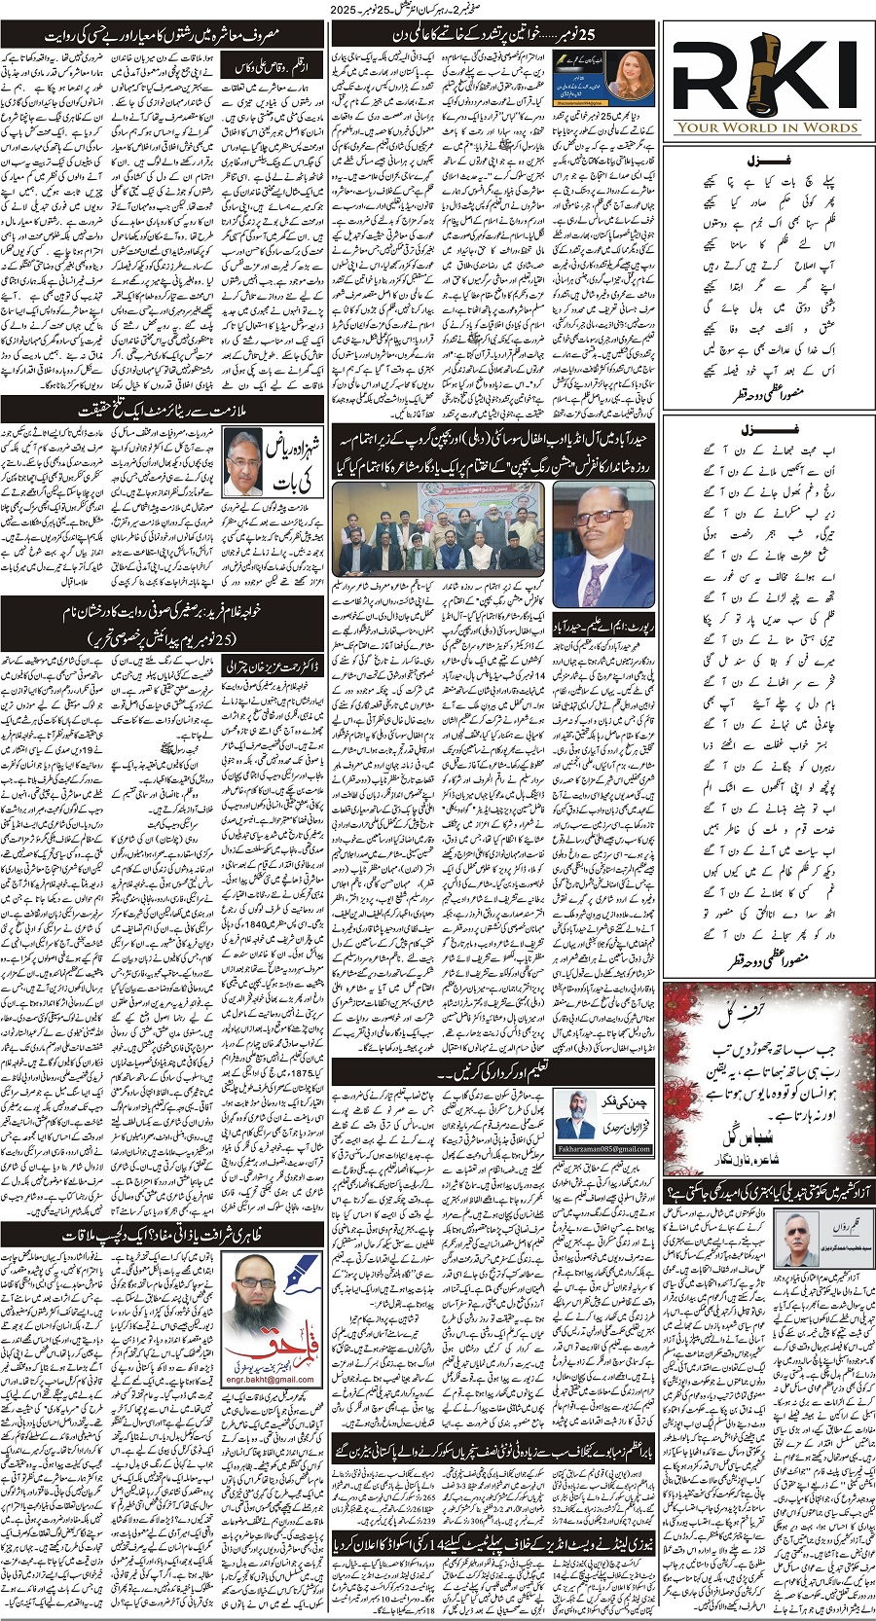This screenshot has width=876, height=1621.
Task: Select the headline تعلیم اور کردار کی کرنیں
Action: (x=443, y=1073)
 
